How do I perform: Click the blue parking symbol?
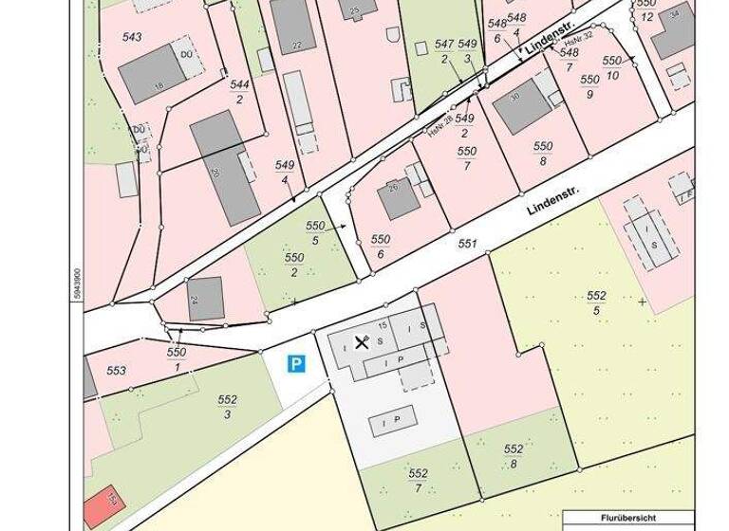click(297, 363)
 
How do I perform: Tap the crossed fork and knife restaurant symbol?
click(361, 341)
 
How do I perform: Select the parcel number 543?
click(132, 37)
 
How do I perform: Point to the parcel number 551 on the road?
click(466, 244)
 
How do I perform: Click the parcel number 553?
click(117, 371)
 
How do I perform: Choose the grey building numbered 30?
click(519, 107)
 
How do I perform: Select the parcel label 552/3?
click(227, 407)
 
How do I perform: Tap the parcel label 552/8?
click(514, 456)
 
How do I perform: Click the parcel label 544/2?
click(239, 91)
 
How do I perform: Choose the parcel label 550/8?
click(542, 154)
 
